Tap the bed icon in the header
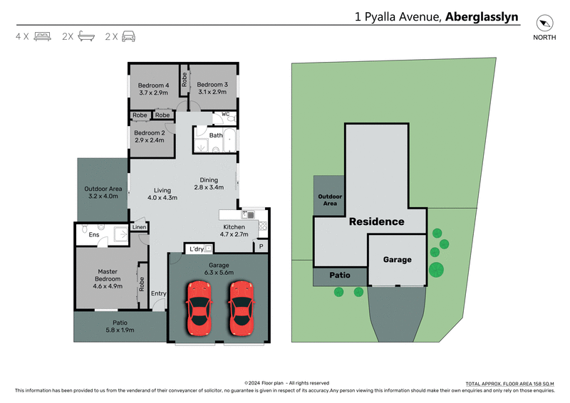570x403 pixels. (x=42, y=36)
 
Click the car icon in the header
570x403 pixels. (x=128, y=36)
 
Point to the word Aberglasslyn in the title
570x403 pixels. (x=482, y=16)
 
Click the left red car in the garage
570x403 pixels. (x=199, y=308)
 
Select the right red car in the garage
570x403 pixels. (x=242, y=308)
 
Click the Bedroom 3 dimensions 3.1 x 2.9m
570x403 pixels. (x=212, y=92)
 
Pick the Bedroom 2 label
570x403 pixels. (x=150, y=132)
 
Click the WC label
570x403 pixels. (x=225, y=114)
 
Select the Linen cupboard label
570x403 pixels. (x=139, y=227)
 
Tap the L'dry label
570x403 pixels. (x=195, y=248)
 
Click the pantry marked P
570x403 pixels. (x=261, y=246)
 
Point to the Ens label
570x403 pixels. (x=93, y=234)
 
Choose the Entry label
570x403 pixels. (x=158, y=293)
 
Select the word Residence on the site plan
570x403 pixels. (x=376, y=221)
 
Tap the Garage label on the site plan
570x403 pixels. (x=397, y=260)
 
